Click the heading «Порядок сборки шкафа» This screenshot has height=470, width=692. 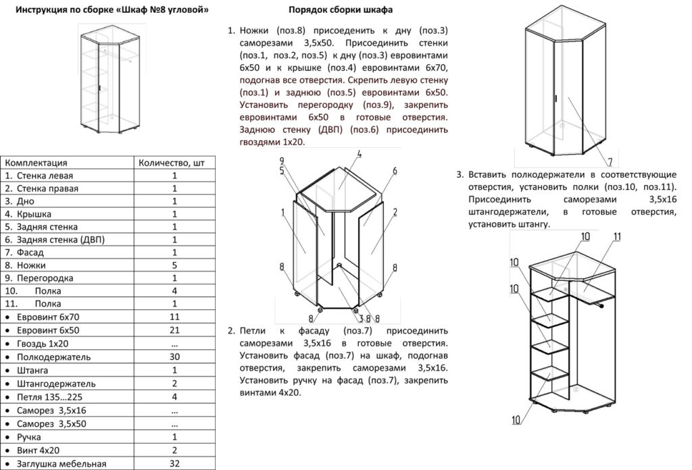[340, 11]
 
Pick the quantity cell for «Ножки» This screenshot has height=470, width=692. [175, 265]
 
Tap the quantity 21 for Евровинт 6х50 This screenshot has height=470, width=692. [175, 330]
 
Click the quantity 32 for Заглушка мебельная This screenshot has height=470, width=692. [175, 464]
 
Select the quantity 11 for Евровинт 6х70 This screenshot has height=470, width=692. [175, 317]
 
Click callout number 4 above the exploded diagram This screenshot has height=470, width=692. [360, 155]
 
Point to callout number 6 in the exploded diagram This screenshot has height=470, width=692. [393, 169]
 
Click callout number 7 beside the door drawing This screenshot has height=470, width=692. [609, 162]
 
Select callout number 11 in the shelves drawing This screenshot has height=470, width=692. [617, 236]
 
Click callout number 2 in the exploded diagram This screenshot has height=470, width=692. [394, 213]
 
